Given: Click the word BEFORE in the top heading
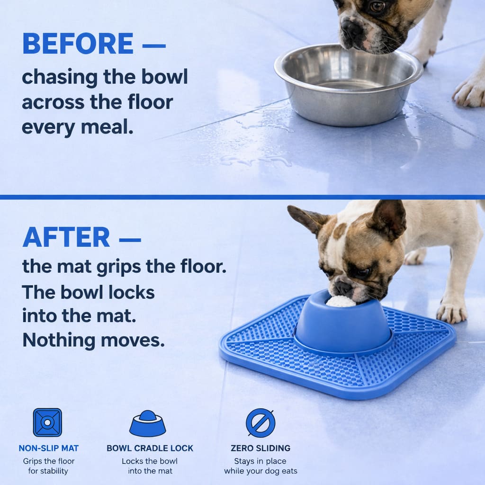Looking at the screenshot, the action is [x=78, y=44].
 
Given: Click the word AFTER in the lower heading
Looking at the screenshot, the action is [x=66, y=237].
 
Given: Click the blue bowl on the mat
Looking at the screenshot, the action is [x=343, y=323].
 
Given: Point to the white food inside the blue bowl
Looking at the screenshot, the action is [x=341, y=302].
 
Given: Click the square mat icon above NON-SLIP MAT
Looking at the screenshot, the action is [x=47, y=422].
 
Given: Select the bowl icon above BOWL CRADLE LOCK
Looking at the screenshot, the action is [x=148, y=423].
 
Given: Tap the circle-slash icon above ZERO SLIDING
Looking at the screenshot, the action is [x=260, y=423].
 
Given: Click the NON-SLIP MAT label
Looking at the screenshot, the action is [x=49, y=448].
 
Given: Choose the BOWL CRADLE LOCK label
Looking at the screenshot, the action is [x=150, y=448].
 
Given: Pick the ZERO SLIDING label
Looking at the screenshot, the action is [x=260, y=448].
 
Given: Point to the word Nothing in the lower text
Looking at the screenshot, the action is [x=59, y=341].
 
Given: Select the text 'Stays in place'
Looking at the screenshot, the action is [x=260, y=461].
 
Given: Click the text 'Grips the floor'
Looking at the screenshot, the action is [x=49, y=461].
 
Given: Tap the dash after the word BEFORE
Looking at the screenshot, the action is [x=154, y=46].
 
